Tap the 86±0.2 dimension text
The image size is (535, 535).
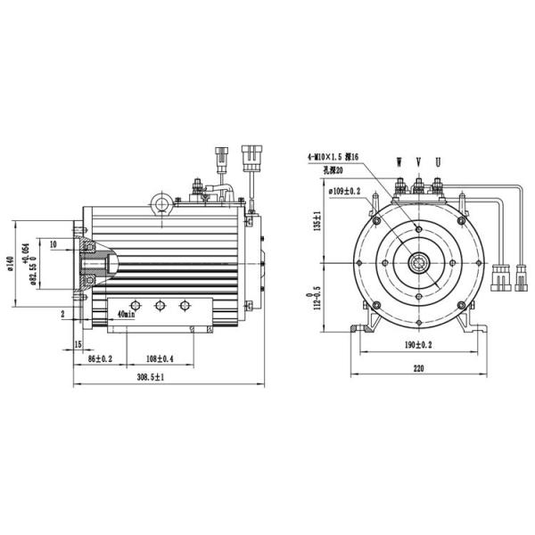pyautogui.click(x=95, y=358)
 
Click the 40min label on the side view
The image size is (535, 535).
pyautogui.click(x=126, y=314)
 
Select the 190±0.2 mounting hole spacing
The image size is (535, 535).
pyautogui.click(x=417, y=343)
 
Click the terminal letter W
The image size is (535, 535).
pyautogui.click(x=399, y=162)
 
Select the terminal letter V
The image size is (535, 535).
pyautogui.click(x=418, y=162)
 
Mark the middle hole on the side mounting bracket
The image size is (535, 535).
pyautogui.click(x=160, y=306)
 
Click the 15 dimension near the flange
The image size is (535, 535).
pyautogui.click(x=78, y=343)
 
